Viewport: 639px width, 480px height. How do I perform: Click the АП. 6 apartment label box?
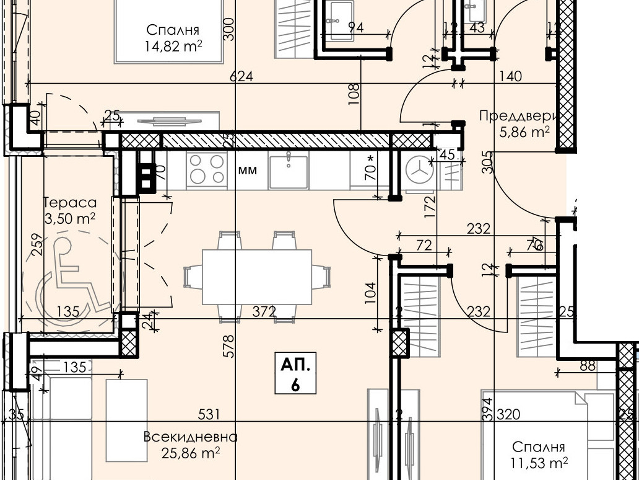tap(295, 375)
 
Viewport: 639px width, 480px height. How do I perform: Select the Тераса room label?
tap(70, 202)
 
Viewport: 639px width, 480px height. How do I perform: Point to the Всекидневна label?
tap(190, 437)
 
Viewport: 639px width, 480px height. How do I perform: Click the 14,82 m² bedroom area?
tap(174, 46)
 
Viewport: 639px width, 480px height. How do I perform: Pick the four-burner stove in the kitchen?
tap(207, 169)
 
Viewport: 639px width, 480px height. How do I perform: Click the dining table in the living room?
tap(257, 277)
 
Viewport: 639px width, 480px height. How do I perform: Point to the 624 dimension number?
tap(242, 76)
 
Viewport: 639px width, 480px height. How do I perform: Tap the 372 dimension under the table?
tap(264, 311)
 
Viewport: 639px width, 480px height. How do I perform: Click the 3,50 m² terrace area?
tap(70, 218)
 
